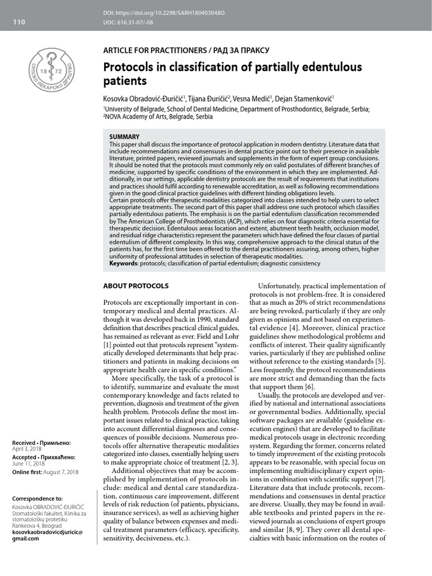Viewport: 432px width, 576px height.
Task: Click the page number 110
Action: (x=19, y=22)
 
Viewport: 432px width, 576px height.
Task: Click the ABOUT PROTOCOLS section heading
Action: (x=136, y=286)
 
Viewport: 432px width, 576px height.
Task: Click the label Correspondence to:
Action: (x=37, y=499)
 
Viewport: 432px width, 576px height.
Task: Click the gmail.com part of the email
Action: (x=26, y=538)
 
